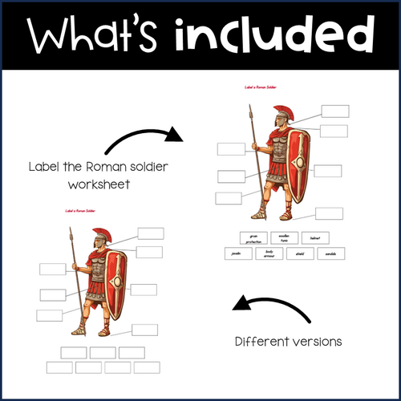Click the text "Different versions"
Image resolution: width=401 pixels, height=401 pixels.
click(288, 341)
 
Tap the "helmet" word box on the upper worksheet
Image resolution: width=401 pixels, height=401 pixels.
click(314, 237)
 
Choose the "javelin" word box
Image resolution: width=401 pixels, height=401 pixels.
click(236, 253)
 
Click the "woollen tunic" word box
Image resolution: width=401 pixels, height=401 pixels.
click(283, 237)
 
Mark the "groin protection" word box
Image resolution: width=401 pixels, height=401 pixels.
click(252, 237)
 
